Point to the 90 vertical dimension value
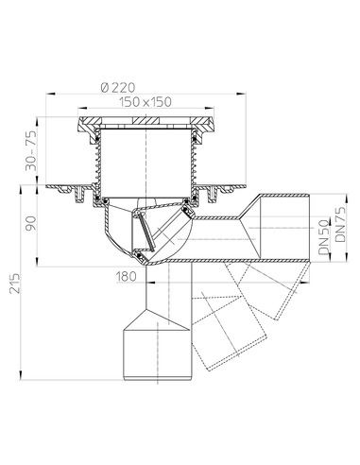coord(31,226)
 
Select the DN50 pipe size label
coord(321,230)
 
